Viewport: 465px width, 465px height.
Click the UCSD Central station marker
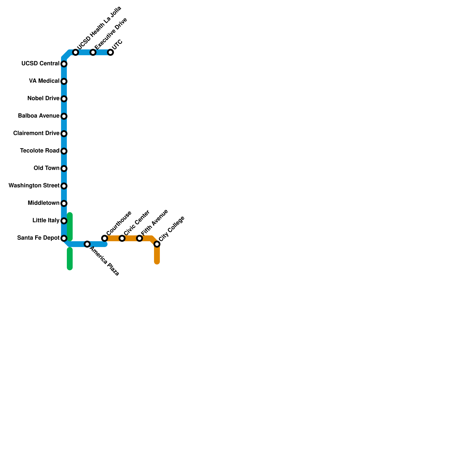coord(64,64)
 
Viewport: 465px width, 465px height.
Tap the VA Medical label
coord(44,81)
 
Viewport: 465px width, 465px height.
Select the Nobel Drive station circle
coord(64,99)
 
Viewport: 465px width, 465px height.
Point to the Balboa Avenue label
coord(39,116)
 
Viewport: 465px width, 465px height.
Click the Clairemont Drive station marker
coord(64,134)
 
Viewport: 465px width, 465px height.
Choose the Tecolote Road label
coord(40,151)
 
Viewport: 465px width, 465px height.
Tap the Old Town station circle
coord(64,169)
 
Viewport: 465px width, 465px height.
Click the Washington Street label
coord(34,185)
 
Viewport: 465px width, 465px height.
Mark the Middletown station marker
coord(64,203)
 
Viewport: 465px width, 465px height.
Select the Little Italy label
coord(46,220)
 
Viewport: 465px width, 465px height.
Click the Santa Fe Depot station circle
coord(64,238)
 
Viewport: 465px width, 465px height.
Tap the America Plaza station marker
coord(87,244)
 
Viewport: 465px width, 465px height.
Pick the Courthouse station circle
coord(105,238)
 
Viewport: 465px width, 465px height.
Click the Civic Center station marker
coord(122,238)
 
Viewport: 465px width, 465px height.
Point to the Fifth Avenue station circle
coord(139,238)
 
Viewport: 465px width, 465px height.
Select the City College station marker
coord(157,244)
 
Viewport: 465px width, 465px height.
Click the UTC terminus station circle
coord(110,52)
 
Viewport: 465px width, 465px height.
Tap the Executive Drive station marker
coord(93,52)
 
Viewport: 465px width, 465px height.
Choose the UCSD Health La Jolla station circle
coord(76,52)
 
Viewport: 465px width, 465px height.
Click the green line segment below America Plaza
coord(70,259)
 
